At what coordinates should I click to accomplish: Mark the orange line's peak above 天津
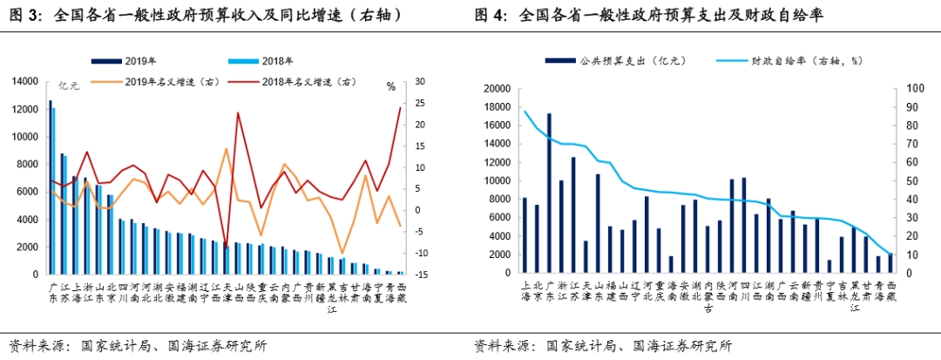click(x=227, y=148)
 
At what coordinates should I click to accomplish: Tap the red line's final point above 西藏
click(x=401, y=107)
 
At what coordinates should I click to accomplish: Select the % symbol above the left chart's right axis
click(x=391, y=85)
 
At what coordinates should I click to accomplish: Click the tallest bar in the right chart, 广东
click(x=549, y=193)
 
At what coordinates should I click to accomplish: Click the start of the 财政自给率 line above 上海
click(x=525, y=111)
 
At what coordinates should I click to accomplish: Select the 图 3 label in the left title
click(x=26, y=15)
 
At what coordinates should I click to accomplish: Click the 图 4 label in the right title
click(x=491, y=15)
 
